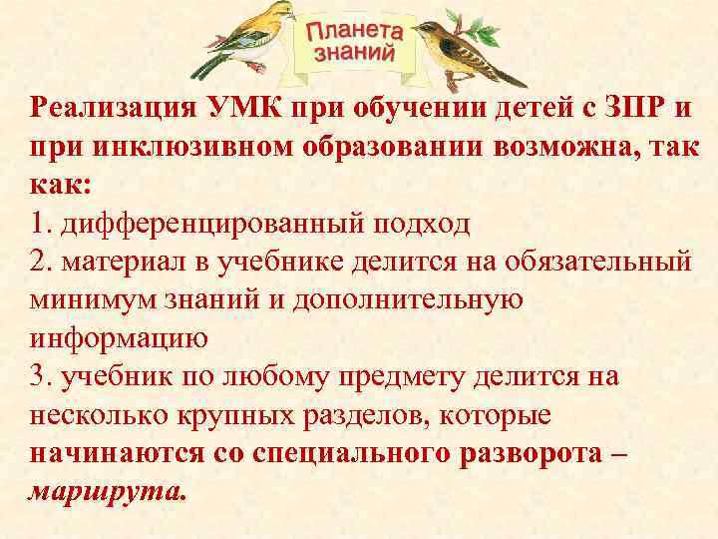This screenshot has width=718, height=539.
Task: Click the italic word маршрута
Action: pos(107,490)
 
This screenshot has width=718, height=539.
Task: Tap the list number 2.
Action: pos(40,262)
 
